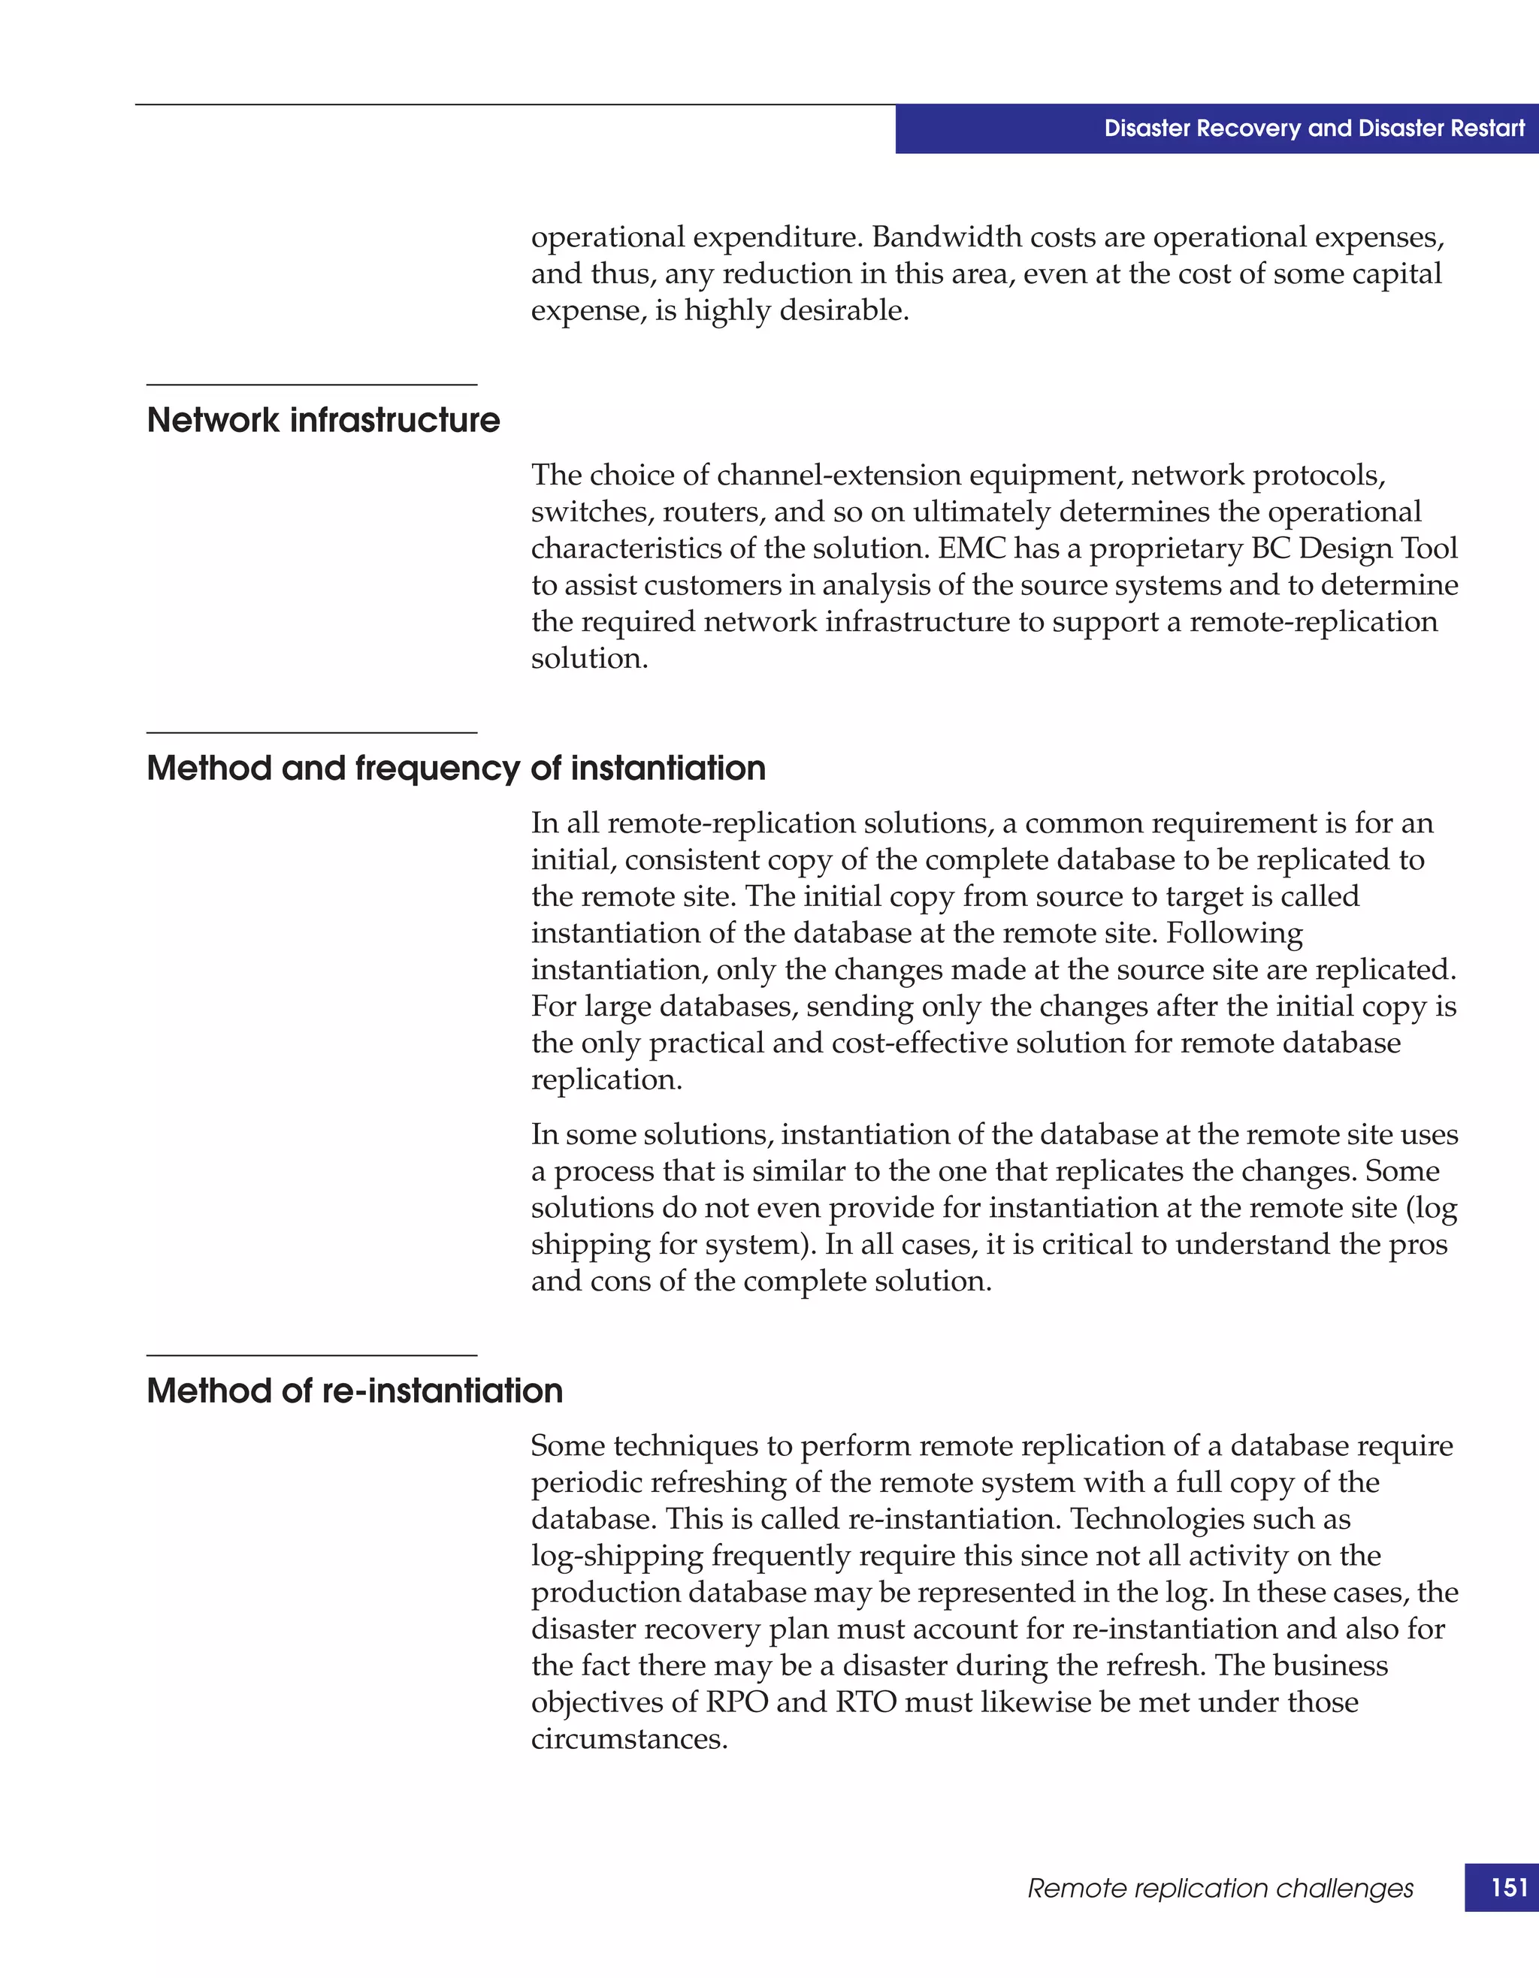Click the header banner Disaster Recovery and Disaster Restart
point(1314,128)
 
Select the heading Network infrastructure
point(323,420)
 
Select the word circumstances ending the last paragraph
point(629,1739)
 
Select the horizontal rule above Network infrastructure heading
point(312,385)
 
